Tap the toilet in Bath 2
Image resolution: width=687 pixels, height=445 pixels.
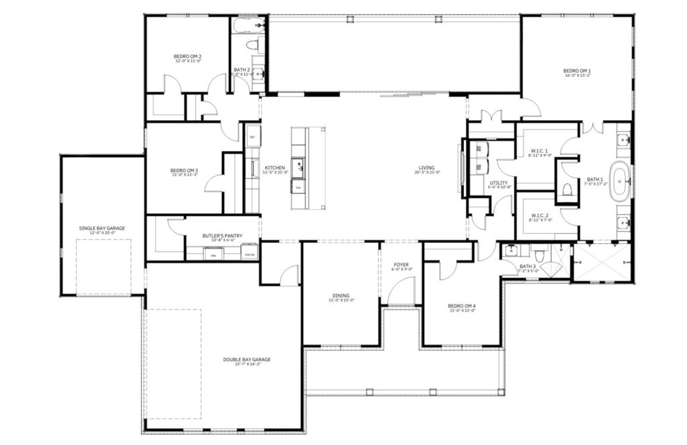254,46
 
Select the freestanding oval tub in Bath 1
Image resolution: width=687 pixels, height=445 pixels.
622,181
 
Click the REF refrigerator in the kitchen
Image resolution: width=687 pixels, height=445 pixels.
253,136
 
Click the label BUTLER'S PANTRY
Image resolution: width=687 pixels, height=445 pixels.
222,236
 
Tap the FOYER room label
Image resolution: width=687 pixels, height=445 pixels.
401,265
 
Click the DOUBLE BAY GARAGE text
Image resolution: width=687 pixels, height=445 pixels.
247,360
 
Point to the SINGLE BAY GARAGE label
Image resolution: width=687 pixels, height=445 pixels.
102,228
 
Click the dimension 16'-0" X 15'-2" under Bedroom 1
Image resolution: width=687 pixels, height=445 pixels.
577,76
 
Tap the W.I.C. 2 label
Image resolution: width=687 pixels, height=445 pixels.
538,215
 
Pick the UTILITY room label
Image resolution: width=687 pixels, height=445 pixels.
499,183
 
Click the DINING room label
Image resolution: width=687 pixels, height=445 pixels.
341,295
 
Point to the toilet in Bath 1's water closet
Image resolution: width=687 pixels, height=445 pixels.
567,189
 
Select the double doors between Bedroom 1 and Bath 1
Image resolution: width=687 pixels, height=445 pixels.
592,127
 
